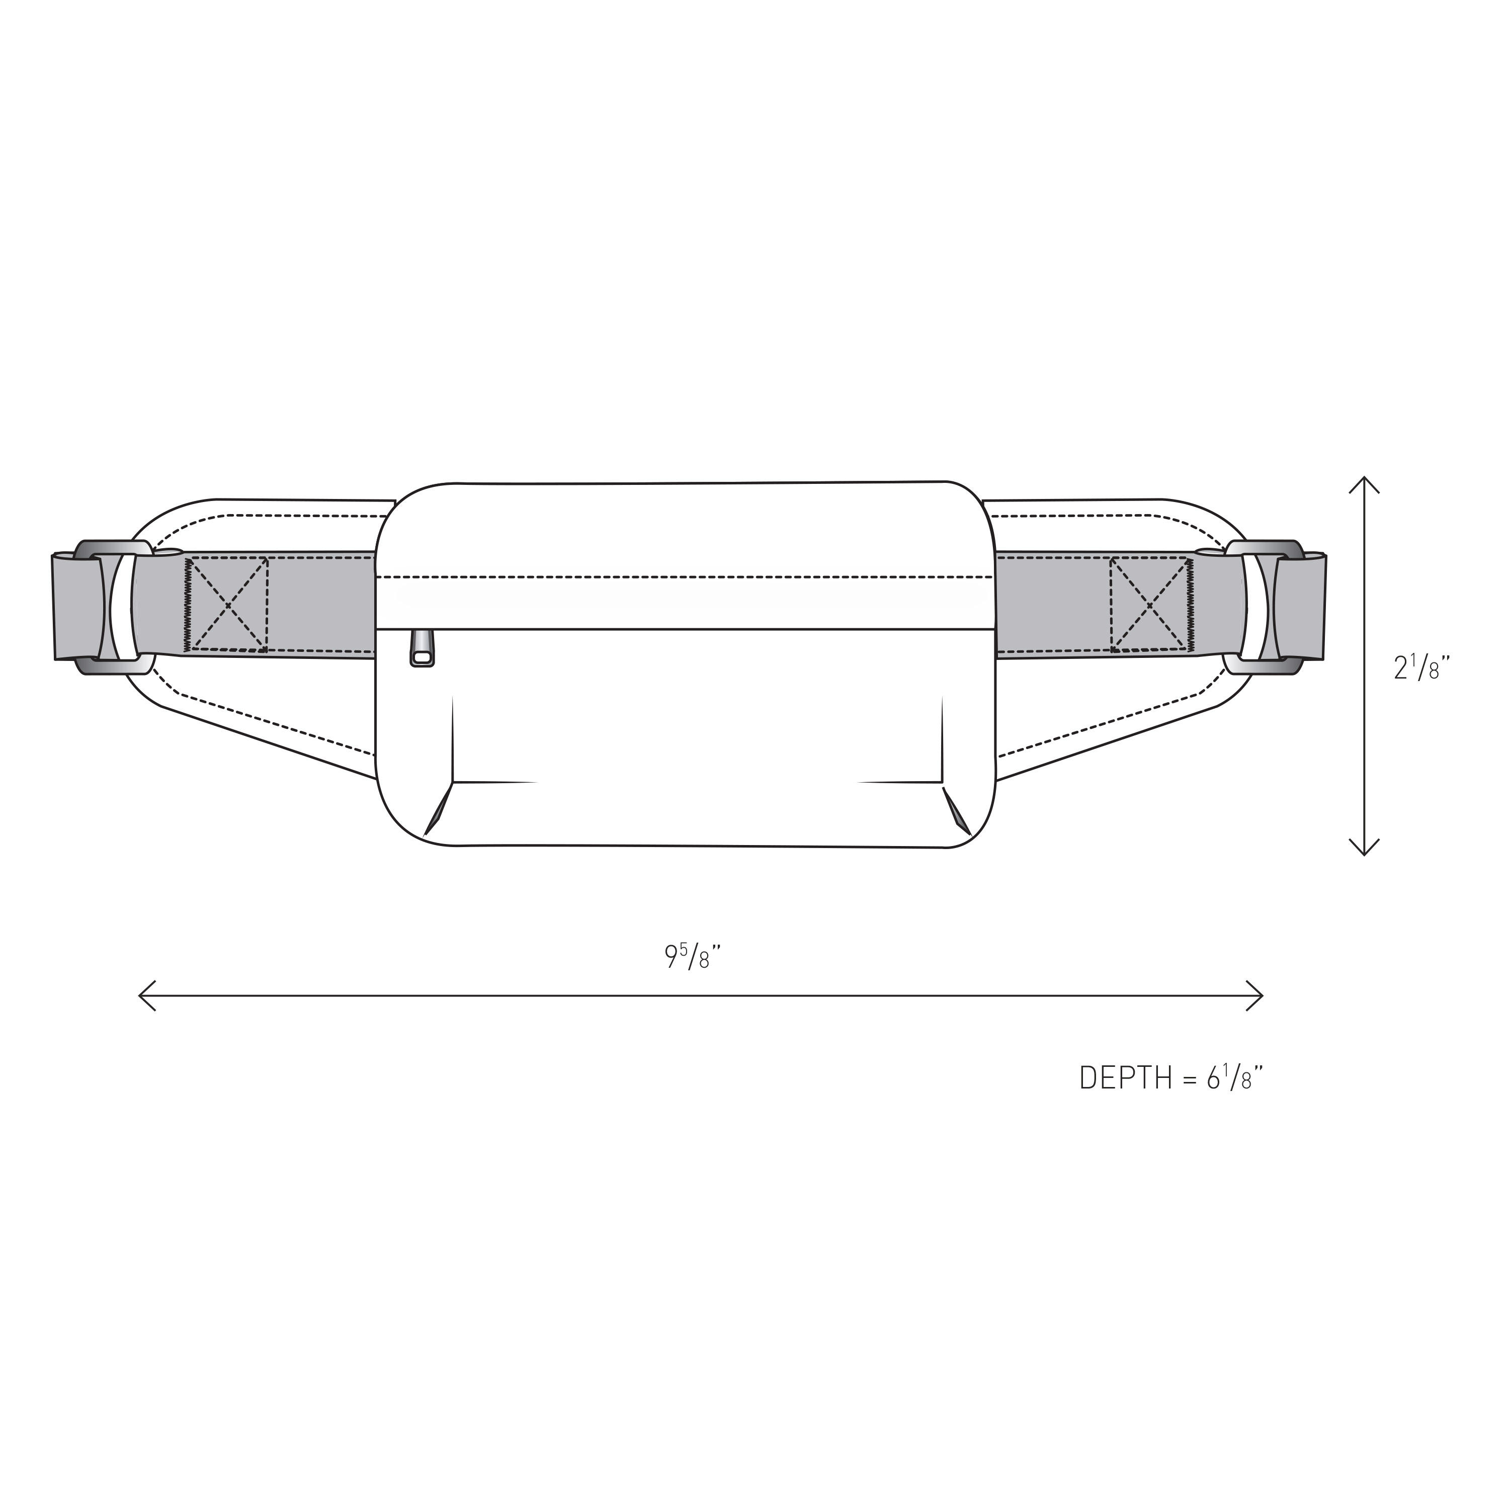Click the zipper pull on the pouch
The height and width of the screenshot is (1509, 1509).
point(422,650)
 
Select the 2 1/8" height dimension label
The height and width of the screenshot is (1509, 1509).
point(1422,668)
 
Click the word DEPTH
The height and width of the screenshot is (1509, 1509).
point(1126,1078)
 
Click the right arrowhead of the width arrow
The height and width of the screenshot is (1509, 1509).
point(1255,996)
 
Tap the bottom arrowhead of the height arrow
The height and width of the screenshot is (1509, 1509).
point(1365,847)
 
